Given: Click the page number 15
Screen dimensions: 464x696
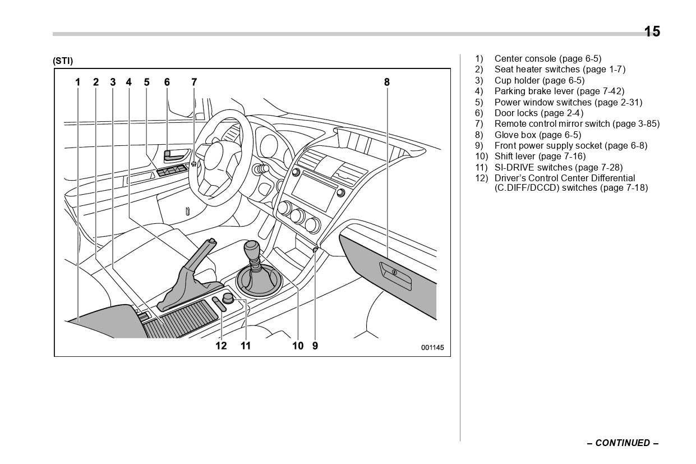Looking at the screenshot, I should pyautogui.click(x=652, y=31).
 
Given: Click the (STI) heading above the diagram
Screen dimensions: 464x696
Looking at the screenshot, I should pyautogui.click(x=63, y=61).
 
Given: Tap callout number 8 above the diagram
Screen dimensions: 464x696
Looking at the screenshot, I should pyautogui.click(x=387, y=82).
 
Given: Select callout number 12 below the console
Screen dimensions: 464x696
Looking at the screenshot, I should pyautogui.click(x=222, y=346).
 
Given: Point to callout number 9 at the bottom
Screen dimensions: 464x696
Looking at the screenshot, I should pyautogui.click(x=315, y=346).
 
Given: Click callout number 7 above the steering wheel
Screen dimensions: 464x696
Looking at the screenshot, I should pyautogui.click(x=194, y=82).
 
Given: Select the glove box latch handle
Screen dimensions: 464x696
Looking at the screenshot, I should pyautogui.click(x=395, y=273).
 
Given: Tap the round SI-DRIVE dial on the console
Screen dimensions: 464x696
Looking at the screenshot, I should pyautogui.click(x=228, y=297).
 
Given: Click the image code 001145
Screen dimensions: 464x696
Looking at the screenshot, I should pyautogui.click(x=432, y=348).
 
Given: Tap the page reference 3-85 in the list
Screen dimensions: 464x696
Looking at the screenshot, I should pyautogui.click(x=648, y=124).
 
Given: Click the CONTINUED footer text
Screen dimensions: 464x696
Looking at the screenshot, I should pyautogui.click(x=623, y=443).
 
